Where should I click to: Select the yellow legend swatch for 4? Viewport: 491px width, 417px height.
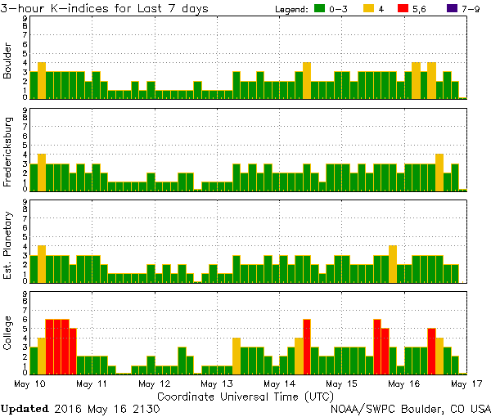point(369,9)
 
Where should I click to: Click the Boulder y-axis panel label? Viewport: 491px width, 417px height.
point(8,62)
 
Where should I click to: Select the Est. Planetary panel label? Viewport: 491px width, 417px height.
point(8,245)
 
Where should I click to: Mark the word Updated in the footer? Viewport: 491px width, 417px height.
point(23,407)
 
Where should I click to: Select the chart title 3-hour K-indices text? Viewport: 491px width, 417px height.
point(105,8)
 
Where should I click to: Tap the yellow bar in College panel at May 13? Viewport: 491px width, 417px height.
point(236,356)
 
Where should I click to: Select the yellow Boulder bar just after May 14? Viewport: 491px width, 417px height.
point(307,80)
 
